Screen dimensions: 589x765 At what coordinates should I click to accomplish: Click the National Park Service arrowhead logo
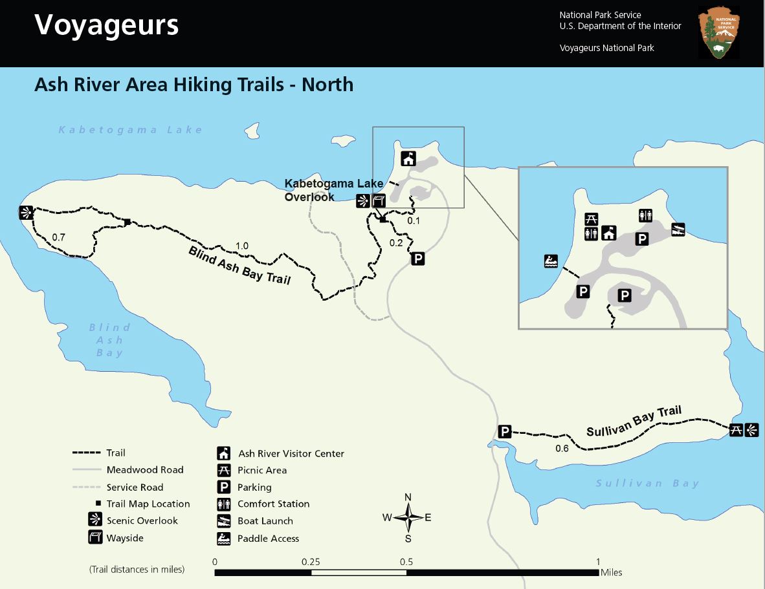(720, 33)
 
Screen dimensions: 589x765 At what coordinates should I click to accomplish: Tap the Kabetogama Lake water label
(131, 130)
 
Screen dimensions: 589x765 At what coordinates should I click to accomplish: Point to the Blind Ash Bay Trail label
(239, 265)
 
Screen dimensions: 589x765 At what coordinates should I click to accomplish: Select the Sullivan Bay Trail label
(634, 422)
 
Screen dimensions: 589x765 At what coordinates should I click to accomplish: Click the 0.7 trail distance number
(58, 237)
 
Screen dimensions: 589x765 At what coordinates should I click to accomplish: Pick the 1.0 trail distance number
(242, 246)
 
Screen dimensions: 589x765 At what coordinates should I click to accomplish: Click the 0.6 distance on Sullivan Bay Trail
(562, 449)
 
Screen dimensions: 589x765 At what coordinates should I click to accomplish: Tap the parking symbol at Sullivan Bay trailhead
(505, 432)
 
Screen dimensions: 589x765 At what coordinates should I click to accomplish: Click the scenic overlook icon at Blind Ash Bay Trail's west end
(26, 212)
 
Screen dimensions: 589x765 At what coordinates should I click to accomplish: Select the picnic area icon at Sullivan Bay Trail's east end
(736, 429)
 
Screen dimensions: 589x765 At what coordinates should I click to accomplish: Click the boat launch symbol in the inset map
(678, 228)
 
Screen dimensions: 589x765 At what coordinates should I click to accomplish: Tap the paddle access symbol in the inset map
(550, 262)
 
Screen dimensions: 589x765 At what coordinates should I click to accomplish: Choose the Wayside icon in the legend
(95, 537)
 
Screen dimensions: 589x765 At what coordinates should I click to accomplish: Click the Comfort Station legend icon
(224, 504)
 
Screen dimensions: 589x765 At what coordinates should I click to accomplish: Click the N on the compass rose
(408, 497)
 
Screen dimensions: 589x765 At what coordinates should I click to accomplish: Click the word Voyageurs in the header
(107, 25)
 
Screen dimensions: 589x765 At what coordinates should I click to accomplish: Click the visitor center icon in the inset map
(608, 233)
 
